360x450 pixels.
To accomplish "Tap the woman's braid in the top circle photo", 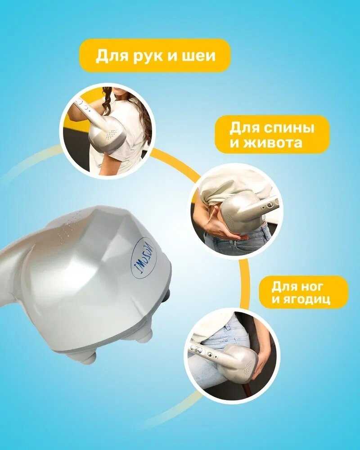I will click(x=107, y=101).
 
